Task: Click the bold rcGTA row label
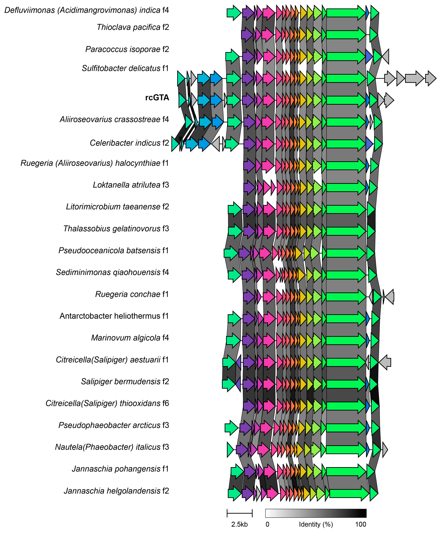click(x=157, y=97)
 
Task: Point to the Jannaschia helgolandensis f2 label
click(x=116, y=491)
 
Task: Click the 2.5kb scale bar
click(x=239, y=513)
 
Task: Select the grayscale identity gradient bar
click(x=316, y=513)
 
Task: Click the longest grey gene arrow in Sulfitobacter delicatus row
click(x=414, y=79)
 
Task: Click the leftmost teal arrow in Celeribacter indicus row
click(x=175, y=144)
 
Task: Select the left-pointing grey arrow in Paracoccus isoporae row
click(x=385, y=57)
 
